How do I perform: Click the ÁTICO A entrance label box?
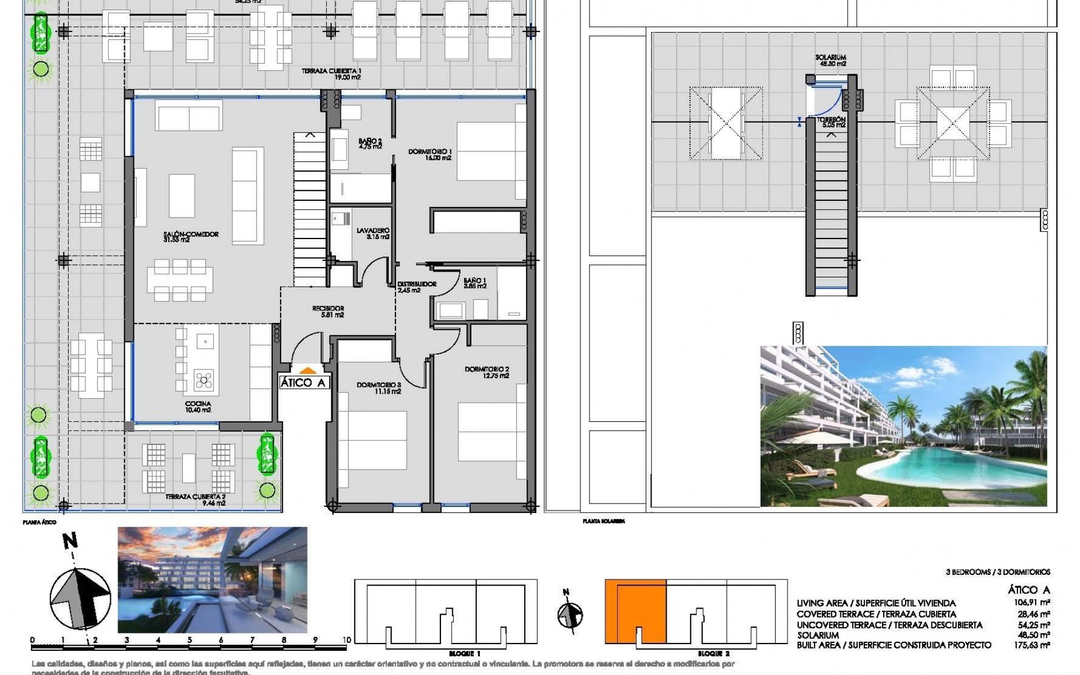click(x=303, y=383)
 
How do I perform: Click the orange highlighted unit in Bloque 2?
click(x=635, y=611)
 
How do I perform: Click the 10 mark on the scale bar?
click(x=346, y=640)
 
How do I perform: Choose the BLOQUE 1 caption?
click(x=465, y=654)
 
